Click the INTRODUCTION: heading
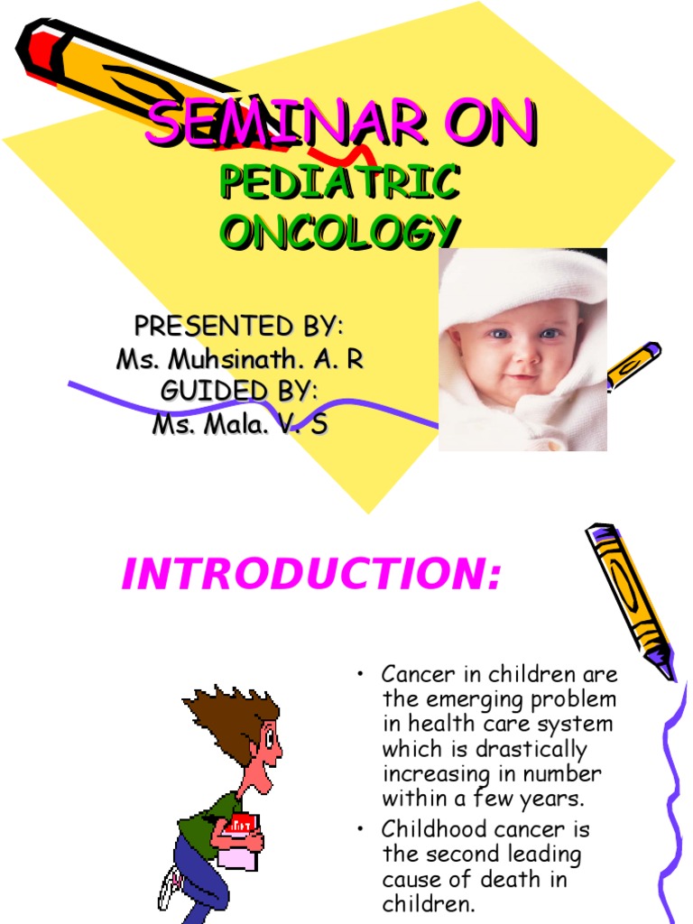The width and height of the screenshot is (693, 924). [x=310, y=575]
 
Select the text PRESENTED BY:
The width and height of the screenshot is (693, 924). [x=239, y=325]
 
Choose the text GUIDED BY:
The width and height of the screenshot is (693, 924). [x=239, y=392]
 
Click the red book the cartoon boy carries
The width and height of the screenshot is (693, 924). [x=242, y=825]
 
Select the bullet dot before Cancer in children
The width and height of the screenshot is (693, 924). [x=360, y=675]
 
